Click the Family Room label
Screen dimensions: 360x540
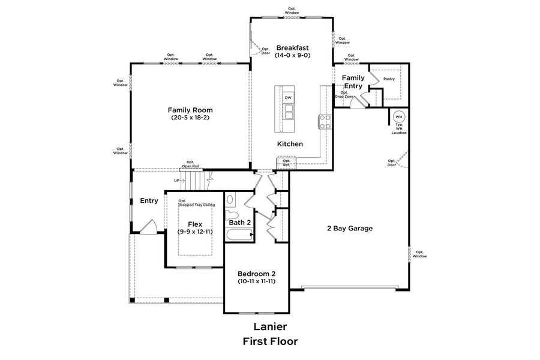(x=190, y=110)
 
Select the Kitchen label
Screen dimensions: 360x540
(x=290, y=144)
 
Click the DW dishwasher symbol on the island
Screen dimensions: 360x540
(x=288, y=98)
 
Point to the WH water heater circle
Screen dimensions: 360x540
(x=399, y=116)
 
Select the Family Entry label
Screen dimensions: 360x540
(x=353, y=82)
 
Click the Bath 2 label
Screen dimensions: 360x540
(x=239, y=223)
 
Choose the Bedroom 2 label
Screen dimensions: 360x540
(x=256, y=273)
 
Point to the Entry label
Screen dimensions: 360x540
(x=149, y=200)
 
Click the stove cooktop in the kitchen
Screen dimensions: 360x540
(x=325, y=122)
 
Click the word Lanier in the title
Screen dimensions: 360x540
(x=269, y=327)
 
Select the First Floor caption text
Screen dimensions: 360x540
(x=269, y=341)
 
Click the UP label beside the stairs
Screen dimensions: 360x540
(x=176, y=180)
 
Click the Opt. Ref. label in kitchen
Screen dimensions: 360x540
(x=286, y=163)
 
